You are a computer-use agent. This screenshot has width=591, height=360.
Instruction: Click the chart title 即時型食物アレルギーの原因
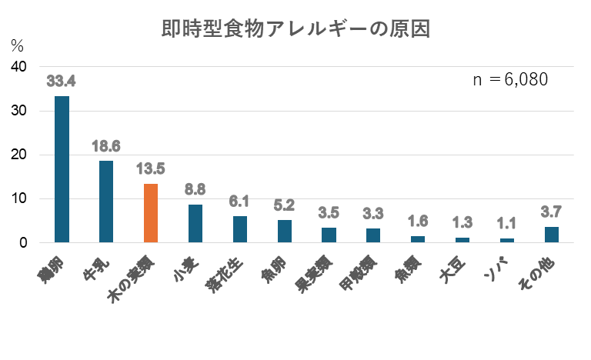(295, 30)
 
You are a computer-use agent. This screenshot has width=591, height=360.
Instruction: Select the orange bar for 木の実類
(151, 213)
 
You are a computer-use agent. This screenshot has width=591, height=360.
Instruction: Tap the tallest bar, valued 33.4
(62, 169)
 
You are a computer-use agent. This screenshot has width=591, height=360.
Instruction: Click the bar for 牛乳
(106, 202)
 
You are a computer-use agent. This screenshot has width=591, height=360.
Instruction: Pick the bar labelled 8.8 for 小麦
(195, 223)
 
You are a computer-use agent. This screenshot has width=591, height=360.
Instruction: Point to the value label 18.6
(106, 145)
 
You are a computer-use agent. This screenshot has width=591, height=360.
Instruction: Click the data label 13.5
(151, 168)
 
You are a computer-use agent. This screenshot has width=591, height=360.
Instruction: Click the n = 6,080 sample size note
(510, 80)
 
